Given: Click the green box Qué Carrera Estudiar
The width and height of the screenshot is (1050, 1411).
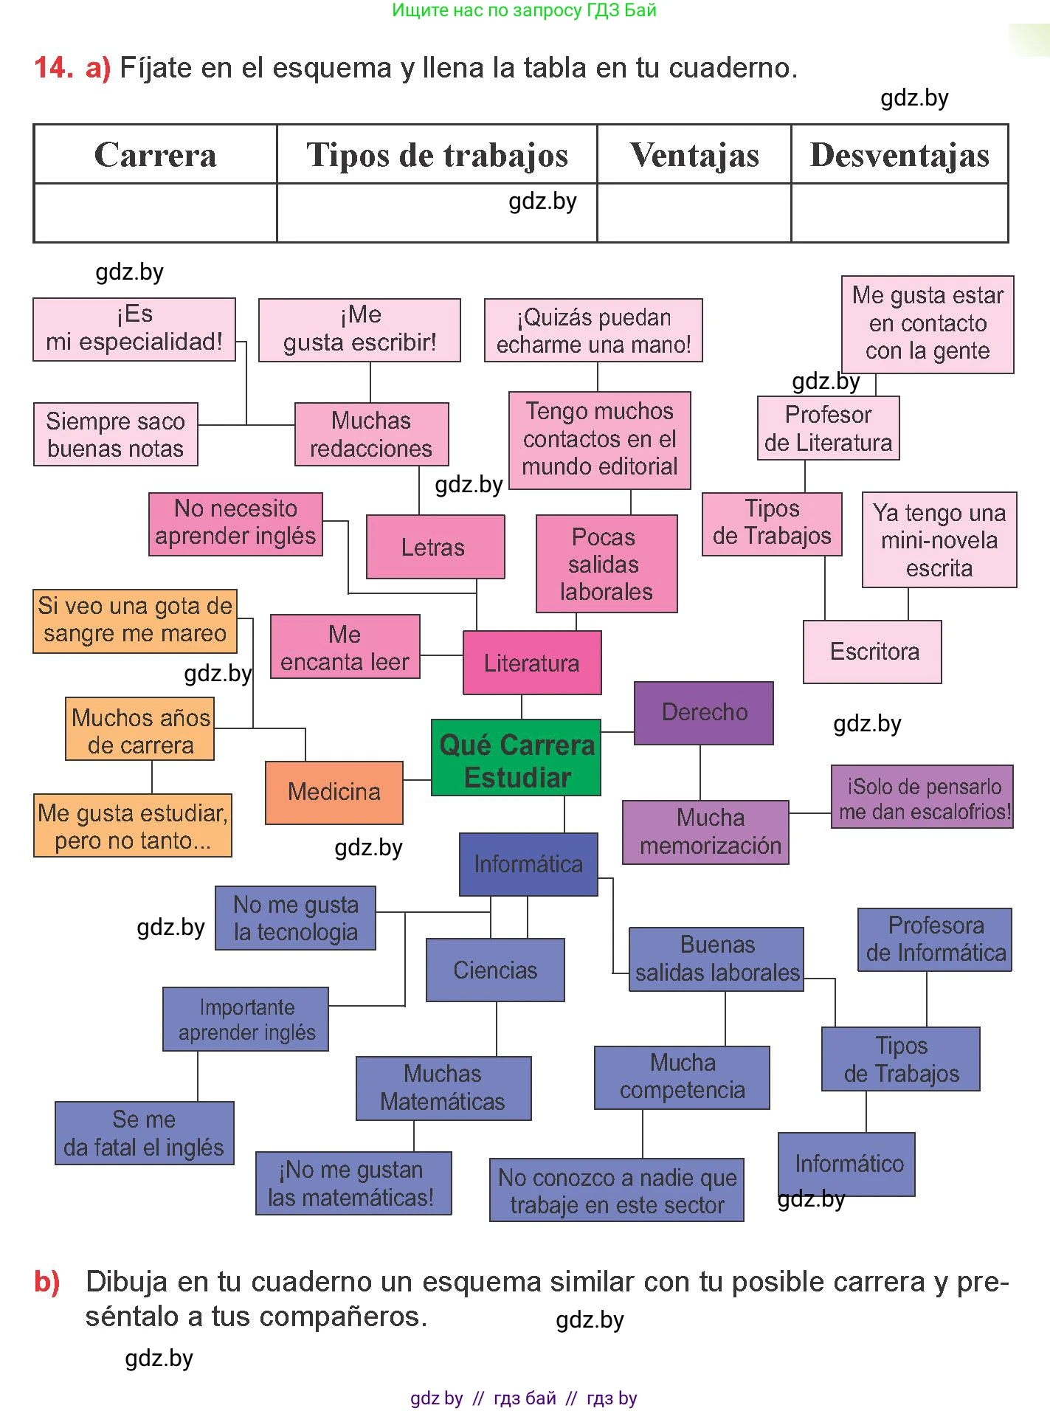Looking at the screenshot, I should [x=516, y=757].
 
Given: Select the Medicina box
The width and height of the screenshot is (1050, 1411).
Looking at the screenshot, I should [x=334, y=793].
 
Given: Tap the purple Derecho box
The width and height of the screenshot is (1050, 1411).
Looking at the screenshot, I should [x=704, y=713].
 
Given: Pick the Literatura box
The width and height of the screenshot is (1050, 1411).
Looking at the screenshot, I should [x=532, y=663].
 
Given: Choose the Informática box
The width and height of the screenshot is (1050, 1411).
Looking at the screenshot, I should [x=528, y=864].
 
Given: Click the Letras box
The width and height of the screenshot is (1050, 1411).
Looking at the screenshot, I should [x=435, y=547].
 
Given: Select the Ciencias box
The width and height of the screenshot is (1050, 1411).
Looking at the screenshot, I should [x=495, y=970].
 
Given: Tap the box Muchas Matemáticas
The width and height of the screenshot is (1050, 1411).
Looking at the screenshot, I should [x=443, y=1088].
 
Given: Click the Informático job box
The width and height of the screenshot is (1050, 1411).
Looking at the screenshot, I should [x=846, y=1164].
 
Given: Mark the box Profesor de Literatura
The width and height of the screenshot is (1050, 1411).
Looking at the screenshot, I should [x=828, y=428].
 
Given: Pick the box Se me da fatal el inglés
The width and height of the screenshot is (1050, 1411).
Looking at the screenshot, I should [x=145, y=1133].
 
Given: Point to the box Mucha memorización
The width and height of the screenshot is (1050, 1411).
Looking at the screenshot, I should [x=706, y=832].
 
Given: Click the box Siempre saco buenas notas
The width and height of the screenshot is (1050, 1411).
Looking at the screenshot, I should [x=116, y=434].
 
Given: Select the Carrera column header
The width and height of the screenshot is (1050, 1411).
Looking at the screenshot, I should [x=155, y=154].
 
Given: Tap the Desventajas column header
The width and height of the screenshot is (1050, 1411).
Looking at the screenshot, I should [x=899, y=154].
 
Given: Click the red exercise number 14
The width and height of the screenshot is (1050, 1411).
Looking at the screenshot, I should [x=53, y=68].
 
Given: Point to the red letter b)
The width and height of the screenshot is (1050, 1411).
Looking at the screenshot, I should [x=47, y=1282].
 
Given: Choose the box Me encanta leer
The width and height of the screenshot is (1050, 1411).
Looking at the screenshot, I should [x=345, y=647].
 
